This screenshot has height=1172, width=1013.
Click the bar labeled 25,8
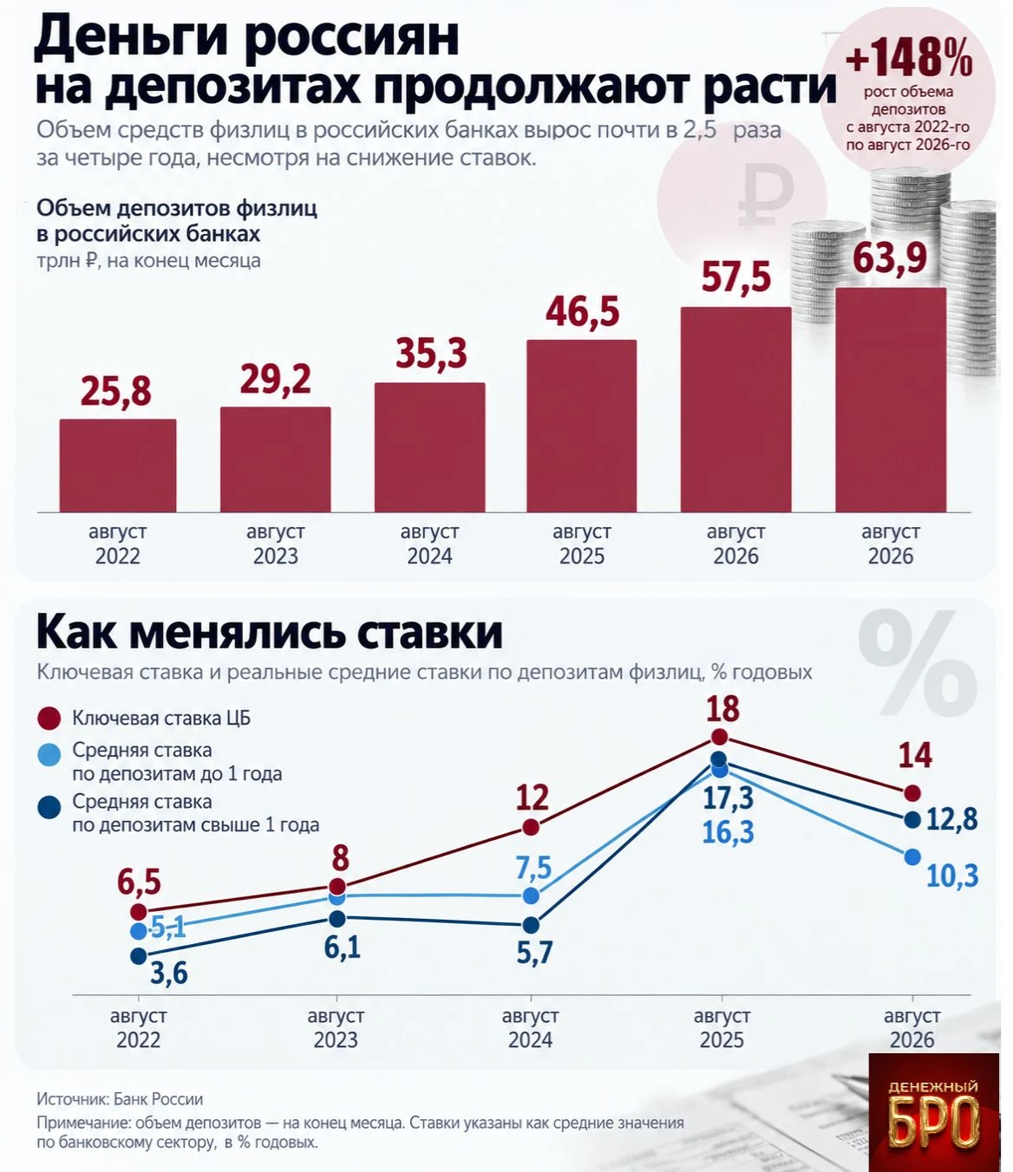(118, 466)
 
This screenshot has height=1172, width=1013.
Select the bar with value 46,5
(581, 426)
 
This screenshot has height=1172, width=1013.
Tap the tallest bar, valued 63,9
(891, 400)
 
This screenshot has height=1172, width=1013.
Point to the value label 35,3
(431, 353)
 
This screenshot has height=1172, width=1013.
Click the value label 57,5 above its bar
(736, 277)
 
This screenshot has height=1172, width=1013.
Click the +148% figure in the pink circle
(909, 56)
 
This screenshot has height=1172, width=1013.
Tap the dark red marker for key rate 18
(719, 737)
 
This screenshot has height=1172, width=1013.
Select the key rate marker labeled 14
(912, 792)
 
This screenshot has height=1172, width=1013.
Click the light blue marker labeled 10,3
(912, 856)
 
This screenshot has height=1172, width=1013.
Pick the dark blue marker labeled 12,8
(912, 819)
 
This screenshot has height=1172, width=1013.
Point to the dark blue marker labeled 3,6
(139, 956)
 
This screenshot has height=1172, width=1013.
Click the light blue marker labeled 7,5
(531, 895)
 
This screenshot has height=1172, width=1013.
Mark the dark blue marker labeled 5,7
(531, 925)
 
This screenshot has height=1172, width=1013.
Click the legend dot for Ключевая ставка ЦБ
(49, 719)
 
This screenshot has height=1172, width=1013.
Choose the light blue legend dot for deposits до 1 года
(49, 756)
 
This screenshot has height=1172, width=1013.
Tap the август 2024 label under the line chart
(530, 1027)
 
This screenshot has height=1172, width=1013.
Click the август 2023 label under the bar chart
(276, 544)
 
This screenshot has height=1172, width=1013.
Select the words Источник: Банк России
(120, 1099)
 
